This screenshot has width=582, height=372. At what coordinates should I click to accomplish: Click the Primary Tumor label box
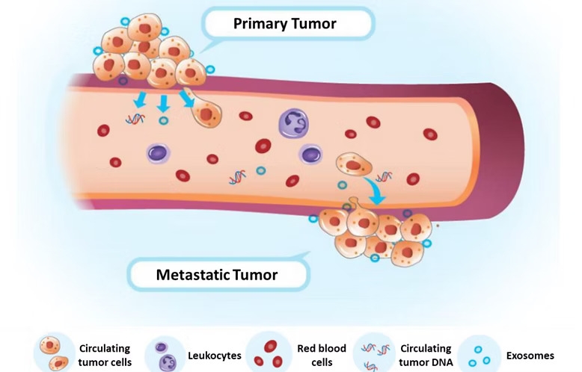pos(285,24)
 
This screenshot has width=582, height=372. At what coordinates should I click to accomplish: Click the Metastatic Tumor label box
pos(217,274)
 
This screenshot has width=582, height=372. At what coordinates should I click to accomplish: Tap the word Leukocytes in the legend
pos(215,356)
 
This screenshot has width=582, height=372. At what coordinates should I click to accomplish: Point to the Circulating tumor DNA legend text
pos(426,356)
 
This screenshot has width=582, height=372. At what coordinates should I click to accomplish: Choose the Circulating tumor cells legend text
pos(104,356)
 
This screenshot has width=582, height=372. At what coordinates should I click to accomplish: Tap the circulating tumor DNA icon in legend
pos(374,354)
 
